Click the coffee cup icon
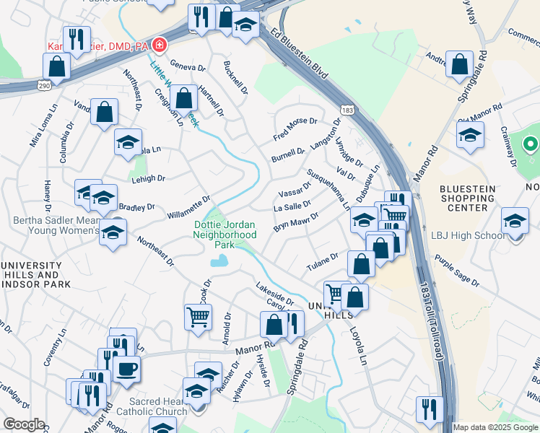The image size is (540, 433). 127,368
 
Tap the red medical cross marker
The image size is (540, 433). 158,46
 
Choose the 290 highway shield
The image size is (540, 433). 45,85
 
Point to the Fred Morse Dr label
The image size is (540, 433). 295,128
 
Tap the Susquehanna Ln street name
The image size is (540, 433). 328,190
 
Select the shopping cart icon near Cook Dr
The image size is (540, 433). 198,315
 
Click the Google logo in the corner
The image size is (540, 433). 24,424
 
